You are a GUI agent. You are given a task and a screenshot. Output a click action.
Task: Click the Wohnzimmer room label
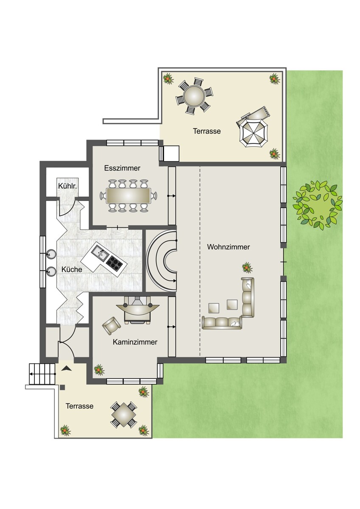pyautogui.click(x=228, y=247)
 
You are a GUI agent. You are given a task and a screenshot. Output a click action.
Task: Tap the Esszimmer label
pyautogui.click(x=122, y=168)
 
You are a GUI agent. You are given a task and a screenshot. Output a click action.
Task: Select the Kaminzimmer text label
pyautogui.click(x=135, y=342)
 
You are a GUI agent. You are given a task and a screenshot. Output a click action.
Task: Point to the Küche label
pyautogui.click(x=72, y=269)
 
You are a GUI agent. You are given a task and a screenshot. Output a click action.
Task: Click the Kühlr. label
pyautogui.click(x=67, y=186)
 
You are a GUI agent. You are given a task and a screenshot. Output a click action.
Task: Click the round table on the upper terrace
pyautogui.click(x=194, y=96)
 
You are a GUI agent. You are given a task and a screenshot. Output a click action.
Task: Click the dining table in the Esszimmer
pyautogui.click(x=129, y=196)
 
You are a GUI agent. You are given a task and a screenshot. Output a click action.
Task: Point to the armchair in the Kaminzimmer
pyautogui.click(x=111, y=326)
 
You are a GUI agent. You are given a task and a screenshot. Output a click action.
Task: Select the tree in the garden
pyautogui.click(x=318, y=204)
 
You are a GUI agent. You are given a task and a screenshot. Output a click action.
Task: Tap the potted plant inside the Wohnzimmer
pyautogui.click(x=247, y=267)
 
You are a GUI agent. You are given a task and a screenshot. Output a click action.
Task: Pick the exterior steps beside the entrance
pyautogui.click(x=42, y=374)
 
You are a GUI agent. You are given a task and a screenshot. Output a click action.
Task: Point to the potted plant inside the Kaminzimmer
pyautogui.click(x=99, y=370)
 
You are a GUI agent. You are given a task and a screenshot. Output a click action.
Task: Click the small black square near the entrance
pyautogui.click(x=63, y=388)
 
